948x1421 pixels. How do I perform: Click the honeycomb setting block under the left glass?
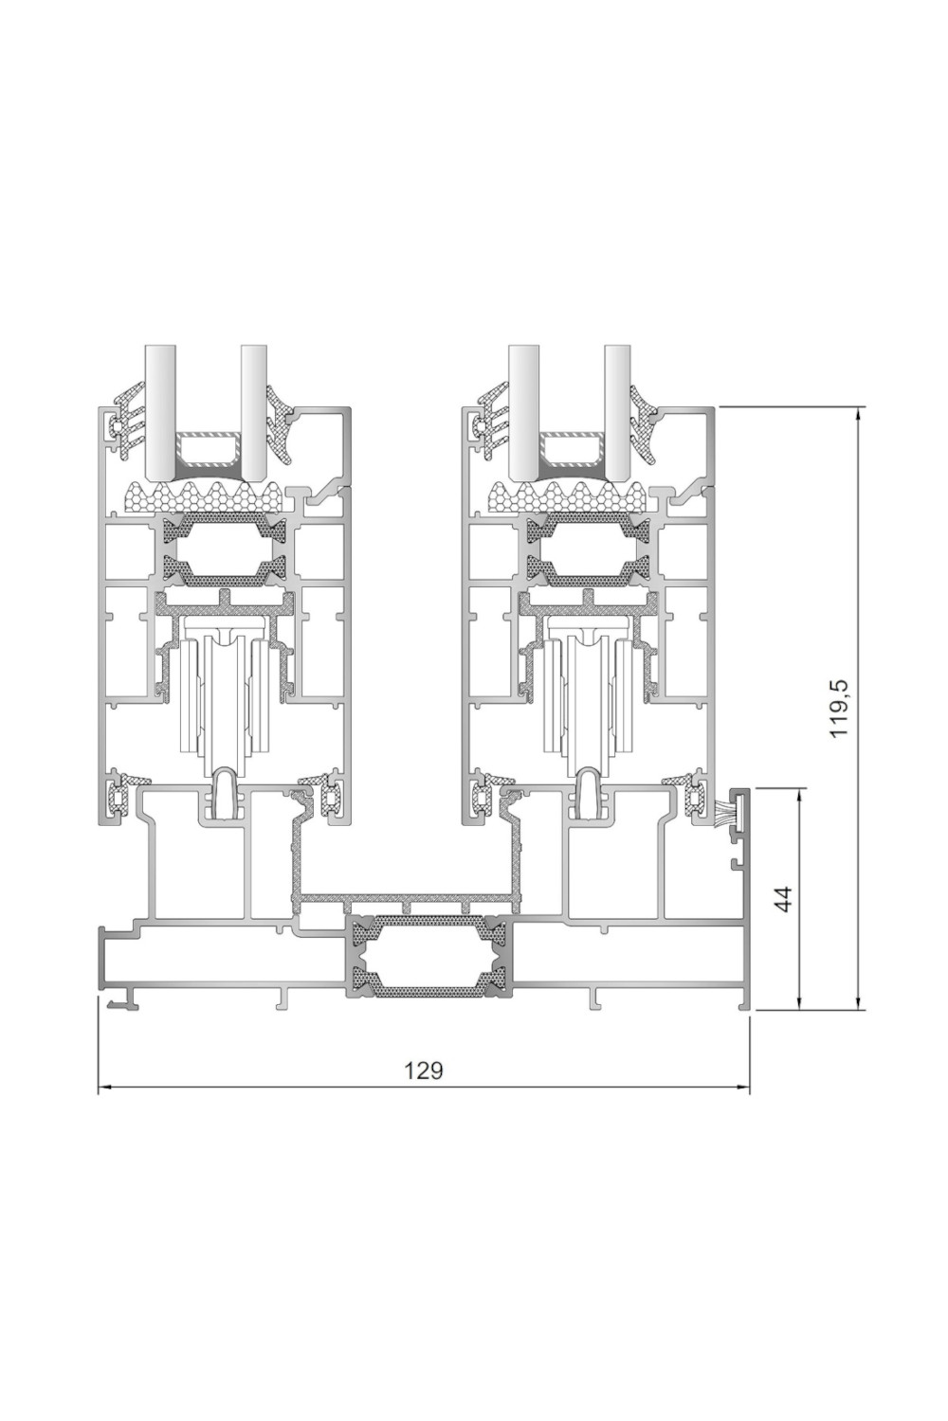coord(203,496)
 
